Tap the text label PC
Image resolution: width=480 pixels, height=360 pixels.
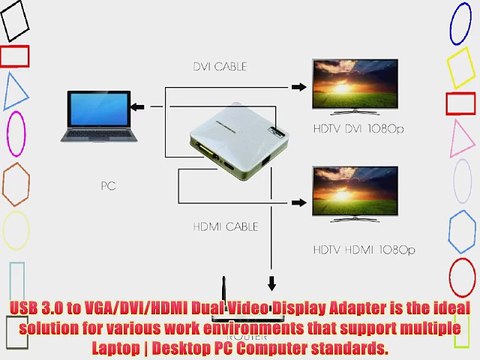(109, 185)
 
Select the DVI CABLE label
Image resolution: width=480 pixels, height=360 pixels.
(220, 67)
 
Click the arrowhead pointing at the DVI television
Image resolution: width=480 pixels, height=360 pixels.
(306, 88)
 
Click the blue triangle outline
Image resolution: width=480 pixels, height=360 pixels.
(15, 91)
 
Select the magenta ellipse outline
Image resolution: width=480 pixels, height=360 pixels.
(16, 133)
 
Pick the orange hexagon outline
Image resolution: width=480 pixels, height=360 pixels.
(15, 183)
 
